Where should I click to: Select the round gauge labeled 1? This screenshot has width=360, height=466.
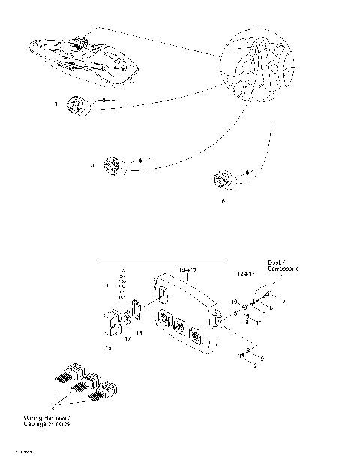tap(78, 106)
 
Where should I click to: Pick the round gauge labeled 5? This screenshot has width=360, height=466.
tap(112, 167)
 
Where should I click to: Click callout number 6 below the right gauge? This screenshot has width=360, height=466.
tap(223, 201)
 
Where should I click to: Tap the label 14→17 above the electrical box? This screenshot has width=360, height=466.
tap(188, 269)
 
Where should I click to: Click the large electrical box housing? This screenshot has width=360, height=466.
tap(184, 316)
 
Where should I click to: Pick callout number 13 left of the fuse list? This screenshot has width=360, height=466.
tap(105, 286)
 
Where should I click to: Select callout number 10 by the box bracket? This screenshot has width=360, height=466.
tap(233, 301)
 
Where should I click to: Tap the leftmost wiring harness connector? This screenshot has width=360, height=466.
tap(63, 373)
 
